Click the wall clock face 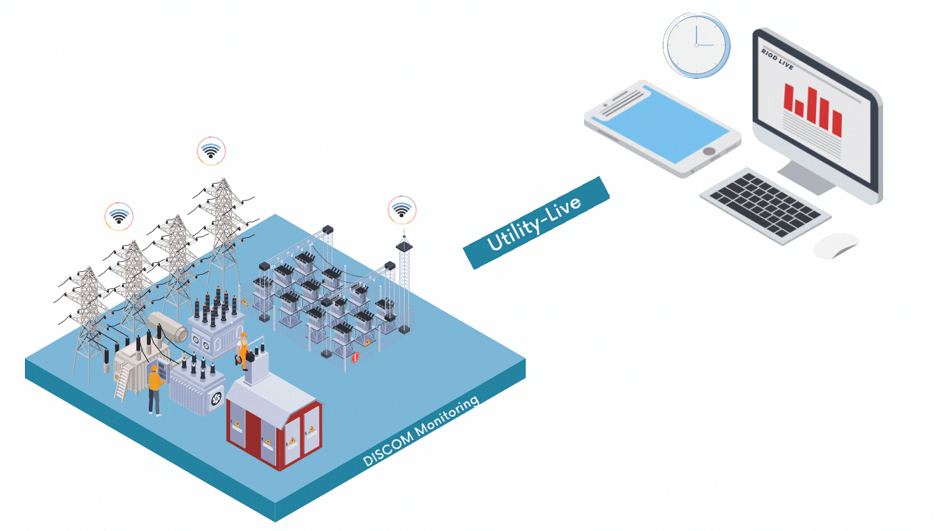(696, 45)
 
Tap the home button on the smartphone (709, 151)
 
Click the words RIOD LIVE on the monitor (777, 53)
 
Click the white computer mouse (835, 245)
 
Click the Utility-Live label (536, 223)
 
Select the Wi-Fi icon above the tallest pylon (211, 151)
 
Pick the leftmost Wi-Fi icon (119, 216)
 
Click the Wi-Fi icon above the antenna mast (401, 210)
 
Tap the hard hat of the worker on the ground (153, 369)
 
